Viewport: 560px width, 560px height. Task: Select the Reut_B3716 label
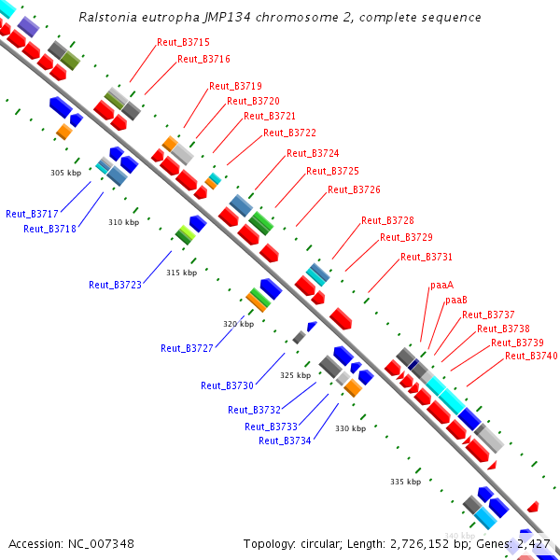pyautogui.click(x=203, y=59)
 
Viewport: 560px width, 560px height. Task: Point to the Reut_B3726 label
pyautogui.click(x=354, y=189)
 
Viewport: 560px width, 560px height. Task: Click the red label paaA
pyautogui.click(x=441, y=285)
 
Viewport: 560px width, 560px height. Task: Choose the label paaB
pyautogui.click(x=455, y=300)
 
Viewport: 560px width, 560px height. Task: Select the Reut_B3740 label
pyautogui.click(x=531, y=356)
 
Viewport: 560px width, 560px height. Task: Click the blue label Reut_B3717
pyautogui.click(x=32, y=214)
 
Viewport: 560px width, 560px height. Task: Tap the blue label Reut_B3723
pyautogui.click(x=116, y=285)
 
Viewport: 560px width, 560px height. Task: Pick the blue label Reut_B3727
pyautogui.click(x=187, y=348)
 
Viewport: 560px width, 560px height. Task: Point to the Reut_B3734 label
pyautogui.click(x=285, y=441)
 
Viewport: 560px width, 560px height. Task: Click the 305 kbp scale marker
pyautogui.click(x=65, y=173)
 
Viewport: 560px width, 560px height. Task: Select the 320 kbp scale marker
pyautogui.click(x=238, y=324)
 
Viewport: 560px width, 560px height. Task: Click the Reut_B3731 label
pyautogui.click(x=427, y=257)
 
